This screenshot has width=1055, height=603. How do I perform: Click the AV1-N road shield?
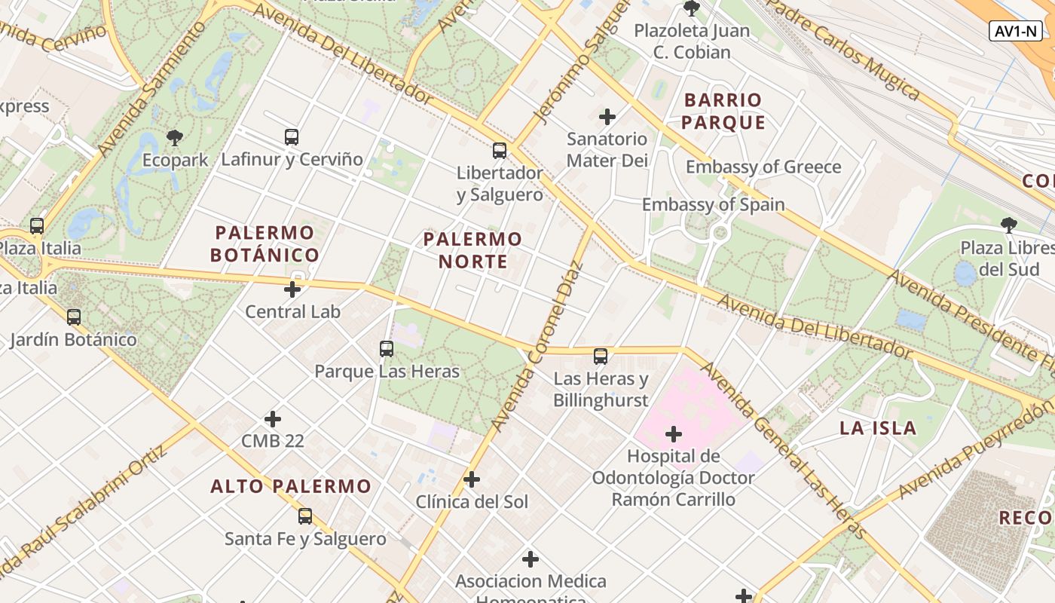[1016, 31]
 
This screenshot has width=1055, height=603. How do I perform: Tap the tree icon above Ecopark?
[175, 137]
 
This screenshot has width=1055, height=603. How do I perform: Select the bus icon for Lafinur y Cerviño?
[292, 136]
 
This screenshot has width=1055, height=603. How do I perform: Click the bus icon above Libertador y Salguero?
[500, 150]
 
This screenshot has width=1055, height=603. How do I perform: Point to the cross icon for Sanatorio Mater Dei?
[607, 116]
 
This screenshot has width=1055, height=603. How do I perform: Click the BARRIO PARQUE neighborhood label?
[724, 111]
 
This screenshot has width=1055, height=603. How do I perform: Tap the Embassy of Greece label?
[763, 167]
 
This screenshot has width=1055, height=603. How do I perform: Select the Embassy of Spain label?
[713, 204]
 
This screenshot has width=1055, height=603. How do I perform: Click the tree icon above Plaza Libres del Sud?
[1008, 225]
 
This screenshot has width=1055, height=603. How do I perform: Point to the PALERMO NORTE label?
[472, 250]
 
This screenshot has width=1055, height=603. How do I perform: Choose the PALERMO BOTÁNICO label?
[265, 243]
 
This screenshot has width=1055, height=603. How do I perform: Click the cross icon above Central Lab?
[292, 289]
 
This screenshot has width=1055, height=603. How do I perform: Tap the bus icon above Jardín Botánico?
[73, 317]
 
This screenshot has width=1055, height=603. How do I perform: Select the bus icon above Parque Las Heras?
[387, 348]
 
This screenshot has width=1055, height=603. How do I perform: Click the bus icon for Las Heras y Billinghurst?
[601, 356]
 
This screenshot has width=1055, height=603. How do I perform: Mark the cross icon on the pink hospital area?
[674, 433]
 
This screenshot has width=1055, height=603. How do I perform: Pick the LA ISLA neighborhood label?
[878, 428]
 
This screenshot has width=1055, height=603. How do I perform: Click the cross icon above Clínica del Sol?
[472, 479]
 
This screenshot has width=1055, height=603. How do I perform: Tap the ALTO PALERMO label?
[291, 486]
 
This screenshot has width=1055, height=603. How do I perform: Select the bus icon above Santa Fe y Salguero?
[305, 516]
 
